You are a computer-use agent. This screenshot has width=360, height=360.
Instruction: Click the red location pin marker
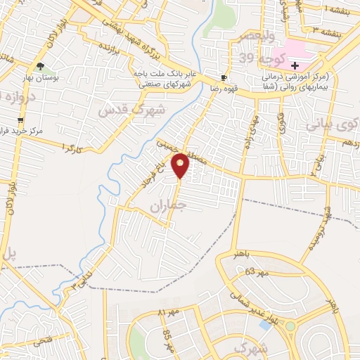[x=181, y=165]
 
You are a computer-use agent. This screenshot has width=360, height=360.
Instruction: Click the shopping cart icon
[x=19, y=121]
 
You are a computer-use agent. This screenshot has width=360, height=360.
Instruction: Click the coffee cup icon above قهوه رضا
[x=224, y=77]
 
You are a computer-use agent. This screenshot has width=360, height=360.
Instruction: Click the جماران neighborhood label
[x=166, y=205]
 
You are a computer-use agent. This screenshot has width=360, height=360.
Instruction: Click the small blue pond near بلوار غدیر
[x=265, y=326]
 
